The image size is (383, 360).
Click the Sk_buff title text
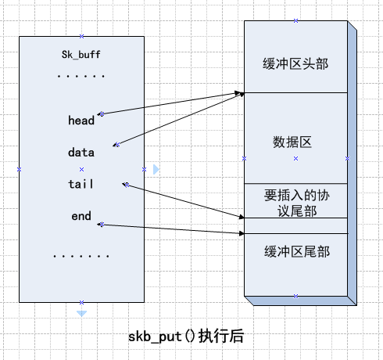81,55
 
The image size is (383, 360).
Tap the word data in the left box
81,153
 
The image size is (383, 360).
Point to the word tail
81,184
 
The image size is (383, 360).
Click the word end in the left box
81,216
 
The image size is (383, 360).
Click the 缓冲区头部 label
295,63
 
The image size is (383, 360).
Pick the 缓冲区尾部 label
295,251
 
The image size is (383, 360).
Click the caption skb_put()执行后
186,337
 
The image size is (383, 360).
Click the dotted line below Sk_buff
81,77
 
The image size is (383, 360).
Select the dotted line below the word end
81,256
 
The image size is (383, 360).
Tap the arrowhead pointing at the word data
116,145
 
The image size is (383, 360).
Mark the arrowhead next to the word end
101,225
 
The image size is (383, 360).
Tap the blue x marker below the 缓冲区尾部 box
295,296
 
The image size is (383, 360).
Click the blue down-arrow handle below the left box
81,313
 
